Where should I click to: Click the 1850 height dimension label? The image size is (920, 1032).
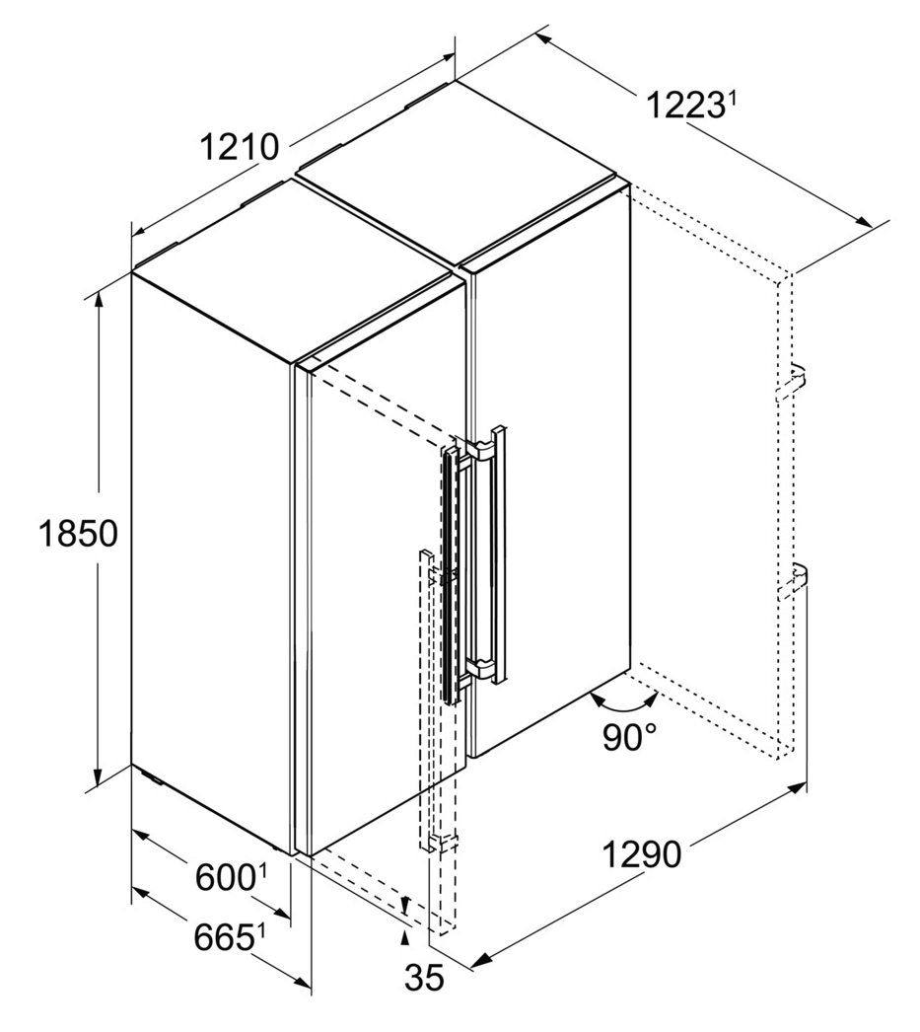[78, 533]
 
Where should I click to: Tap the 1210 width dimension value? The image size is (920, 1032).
[240, 147]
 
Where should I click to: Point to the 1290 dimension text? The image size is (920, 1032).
[642, 855]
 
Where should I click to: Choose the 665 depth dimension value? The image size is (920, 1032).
[224, 938]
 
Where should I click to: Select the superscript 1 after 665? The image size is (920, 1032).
[260, 932]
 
